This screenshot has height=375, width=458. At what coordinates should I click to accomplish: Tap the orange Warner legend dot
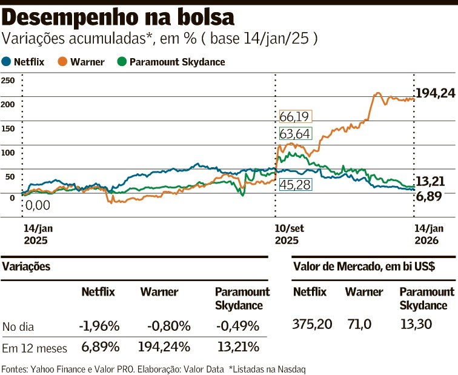click(62, 61)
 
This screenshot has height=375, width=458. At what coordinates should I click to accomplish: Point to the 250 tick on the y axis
click(7, 80)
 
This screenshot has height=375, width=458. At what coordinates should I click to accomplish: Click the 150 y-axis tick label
click(7, 128)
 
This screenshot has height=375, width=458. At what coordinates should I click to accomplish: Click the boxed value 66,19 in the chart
click(296, 116)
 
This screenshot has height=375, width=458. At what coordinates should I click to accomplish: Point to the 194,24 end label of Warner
click(435, 93)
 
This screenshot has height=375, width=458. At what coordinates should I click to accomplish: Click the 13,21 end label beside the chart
click(434, 181)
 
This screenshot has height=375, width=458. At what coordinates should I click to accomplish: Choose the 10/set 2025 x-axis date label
click(287, 234)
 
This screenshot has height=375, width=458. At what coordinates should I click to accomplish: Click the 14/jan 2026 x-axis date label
click(428, 234)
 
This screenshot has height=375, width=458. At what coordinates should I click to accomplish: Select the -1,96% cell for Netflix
click(98, 327)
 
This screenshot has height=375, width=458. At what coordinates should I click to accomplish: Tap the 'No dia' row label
click(18, 327)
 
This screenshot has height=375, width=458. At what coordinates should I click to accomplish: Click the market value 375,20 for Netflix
click(313, 324)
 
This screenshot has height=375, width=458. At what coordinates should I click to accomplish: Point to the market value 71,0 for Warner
click(359, 324)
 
